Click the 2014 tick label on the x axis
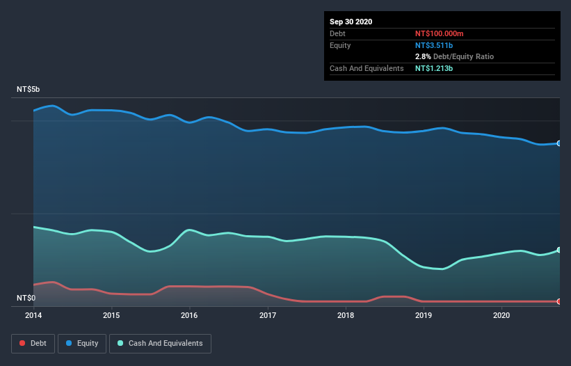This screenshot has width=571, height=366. pos(33,315)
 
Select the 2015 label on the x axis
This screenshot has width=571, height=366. pos(111,315)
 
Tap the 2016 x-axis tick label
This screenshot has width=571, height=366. pos(189,315)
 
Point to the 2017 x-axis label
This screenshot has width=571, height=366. pos(267,315)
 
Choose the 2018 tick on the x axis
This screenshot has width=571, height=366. pos(345,315)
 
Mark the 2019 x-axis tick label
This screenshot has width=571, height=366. pos(423,315)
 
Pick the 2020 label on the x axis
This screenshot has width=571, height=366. pos(501,315)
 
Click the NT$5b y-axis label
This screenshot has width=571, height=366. pos(29,90)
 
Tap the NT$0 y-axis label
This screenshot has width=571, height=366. pos(26,298)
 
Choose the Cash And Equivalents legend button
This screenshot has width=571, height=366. pos(160,343)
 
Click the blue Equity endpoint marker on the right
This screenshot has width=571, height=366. pos(558,143)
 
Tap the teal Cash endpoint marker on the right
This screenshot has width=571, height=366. pos(558,250)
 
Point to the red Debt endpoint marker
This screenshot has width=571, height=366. pos(558,301)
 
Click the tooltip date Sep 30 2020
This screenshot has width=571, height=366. pos(351,22)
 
